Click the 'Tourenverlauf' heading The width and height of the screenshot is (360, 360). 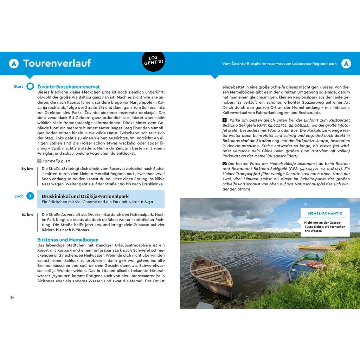[57, 63]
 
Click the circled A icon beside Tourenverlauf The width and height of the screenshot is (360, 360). [14, 64]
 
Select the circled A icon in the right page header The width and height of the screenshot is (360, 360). [346, 64]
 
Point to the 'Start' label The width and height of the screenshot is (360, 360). [18, 86]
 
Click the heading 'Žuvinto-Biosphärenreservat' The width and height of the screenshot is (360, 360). [69, 86]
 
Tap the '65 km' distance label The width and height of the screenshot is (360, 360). [27, 169]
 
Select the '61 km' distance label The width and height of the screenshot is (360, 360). [27, 214]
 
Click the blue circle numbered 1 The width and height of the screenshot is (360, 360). [30, 196]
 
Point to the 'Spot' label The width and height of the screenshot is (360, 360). [19, 196]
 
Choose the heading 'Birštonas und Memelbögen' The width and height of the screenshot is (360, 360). [68, 239]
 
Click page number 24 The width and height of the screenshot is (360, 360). [12, 297]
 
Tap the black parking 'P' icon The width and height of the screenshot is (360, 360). [225, 120]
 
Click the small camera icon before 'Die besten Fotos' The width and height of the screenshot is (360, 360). [225, 163]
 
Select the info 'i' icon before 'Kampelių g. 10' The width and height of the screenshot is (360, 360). [39, 161]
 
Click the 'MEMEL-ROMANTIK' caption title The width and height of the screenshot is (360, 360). [325, 213]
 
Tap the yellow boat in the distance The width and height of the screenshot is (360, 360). [313, 247]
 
